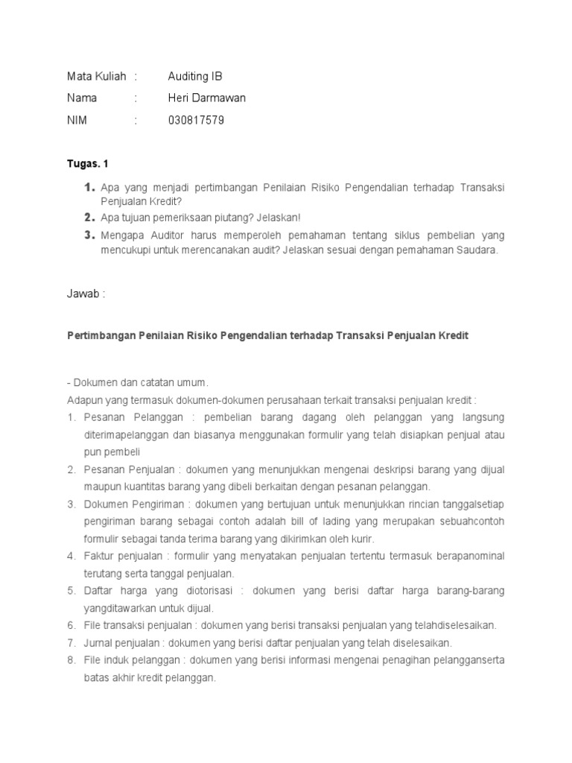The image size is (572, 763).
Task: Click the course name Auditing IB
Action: tap(195, 77)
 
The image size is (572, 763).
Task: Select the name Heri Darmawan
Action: tap(207, 98)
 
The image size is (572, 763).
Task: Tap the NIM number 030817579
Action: tap(196, 121)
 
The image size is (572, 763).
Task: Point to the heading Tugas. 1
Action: tap(88, 163)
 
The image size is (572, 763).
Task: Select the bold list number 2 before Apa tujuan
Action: tap(89, 218)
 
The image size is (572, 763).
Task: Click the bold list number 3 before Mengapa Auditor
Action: tap(89, 235)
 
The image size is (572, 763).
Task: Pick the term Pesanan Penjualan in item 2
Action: tap(128, 469)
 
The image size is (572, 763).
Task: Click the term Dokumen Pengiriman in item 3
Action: tap(133, 505)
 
